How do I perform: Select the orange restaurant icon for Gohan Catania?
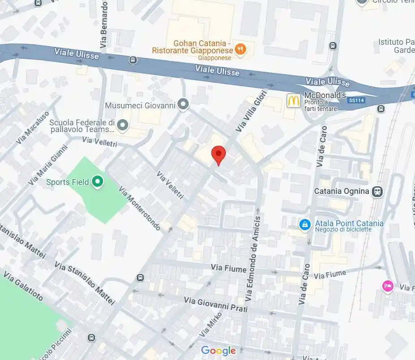(x=241, y=49)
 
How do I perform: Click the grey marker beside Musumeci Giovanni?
(x=182, y=105)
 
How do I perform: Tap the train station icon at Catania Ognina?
(x=378, y=192)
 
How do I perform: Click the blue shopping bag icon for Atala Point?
(x=305, y=224)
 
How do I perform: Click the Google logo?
(x=218, y=351)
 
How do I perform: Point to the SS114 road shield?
(x=356, y=100)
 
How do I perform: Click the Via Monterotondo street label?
(x=140, y=209)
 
